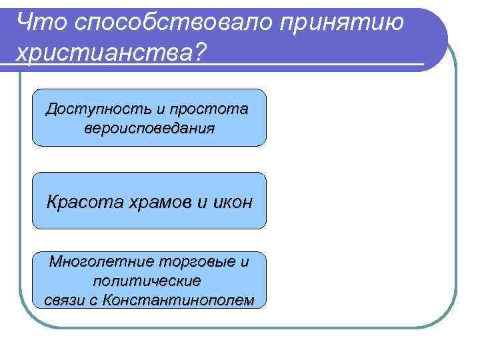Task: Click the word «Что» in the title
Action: [x=38, y=21]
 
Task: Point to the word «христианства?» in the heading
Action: [x=111, y=52]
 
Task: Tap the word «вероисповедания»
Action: [x=149, y=128]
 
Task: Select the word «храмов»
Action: [x=155, y=202]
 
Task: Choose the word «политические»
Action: [x=147, y=281]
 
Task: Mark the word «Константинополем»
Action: [x=177, y=300]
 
